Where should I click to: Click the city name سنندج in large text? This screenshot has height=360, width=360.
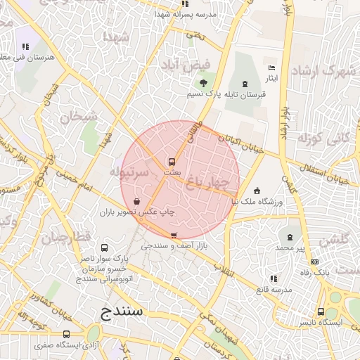pyautogui.click(x=117, y=309)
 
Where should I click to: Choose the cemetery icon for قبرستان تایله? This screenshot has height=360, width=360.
pyautogui.click(x=245, y=84)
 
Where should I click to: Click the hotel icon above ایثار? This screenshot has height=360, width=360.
pyautogui.click(x=272, y=67)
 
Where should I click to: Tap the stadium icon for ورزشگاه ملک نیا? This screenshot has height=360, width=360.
pyautogui.click(x=257, y=191)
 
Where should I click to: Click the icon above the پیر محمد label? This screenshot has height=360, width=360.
pyautogui.click(x=288, y=238)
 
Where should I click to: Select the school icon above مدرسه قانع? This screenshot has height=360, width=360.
pyautogui.click(x=272, y=279)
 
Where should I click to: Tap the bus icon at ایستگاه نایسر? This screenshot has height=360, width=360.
pyautogui.click(x=321, y=311)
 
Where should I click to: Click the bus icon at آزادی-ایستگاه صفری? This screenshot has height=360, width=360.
pyautogui.click(x=67, y=335)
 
